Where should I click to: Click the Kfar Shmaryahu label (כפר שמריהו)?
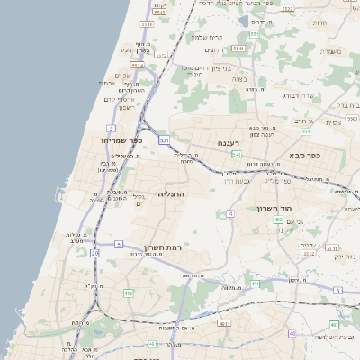(123, 140)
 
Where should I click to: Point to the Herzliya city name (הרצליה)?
(171, 194)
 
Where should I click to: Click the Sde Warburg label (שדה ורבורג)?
(297, 95)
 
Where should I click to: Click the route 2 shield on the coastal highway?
(110, 129)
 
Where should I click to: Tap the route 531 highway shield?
(164, 140)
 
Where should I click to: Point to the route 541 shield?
(235, 156)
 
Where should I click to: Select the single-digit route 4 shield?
(230, 213)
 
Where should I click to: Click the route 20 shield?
(95, 253)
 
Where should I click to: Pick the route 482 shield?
(129, 292)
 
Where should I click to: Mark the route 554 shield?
(306, 132)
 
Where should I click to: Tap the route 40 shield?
(292, 333)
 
